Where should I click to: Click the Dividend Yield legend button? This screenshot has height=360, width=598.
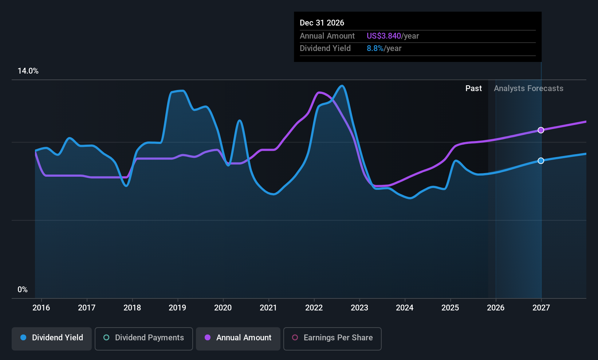[51, 339]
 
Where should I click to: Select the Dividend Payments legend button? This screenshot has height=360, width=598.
[143, 339]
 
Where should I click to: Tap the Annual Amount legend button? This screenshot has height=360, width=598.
[238, 339]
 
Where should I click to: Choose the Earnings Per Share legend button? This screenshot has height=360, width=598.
[333, 339]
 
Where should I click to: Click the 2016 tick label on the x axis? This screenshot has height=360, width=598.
[41, 308]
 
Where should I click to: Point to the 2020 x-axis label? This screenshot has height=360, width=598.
[223, 308]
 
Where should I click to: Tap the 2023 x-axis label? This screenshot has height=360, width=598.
[359, 308]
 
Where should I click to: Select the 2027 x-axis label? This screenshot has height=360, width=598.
[541, 308]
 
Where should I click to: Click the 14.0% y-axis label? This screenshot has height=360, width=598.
[28, 71]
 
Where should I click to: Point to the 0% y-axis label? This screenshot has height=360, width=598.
[23, 290]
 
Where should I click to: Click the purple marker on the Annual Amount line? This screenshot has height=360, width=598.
[541, 130]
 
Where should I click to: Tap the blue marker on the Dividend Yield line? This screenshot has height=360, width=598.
[541, 160]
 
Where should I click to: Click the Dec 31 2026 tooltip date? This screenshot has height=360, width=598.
[322, 23]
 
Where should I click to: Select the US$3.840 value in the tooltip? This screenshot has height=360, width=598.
[383, 36]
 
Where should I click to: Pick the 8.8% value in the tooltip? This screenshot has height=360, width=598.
[375, 48]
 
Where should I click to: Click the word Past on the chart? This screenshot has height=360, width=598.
[473, 89]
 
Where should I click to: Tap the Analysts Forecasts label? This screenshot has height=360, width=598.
[528, 89]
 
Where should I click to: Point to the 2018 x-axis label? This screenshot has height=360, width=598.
[132, 308]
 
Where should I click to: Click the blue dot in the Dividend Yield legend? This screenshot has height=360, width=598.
[24, 337]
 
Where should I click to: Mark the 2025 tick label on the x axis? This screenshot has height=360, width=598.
[450, 308]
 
